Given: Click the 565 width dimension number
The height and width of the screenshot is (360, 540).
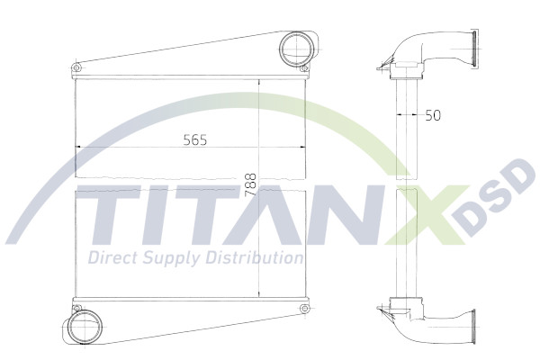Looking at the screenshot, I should coord(195,140).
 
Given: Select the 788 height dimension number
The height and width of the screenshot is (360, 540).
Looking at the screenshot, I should coord(250,184).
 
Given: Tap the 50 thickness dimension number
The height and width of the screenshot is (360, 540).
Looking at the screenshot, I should coord(434,115).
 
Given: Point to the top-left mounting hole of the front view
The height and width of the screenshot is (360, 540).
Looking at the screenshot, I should coord(76,67).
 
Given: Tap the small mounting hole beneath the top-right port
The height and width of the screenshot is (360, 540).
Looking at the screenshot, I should coord(306,68).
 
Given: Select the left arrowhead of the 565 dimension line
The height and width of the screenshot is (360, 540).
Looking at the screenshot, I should coord(78,148).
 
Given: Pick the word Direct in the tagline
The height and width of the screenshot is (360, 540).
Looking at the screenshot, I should coord(111,258).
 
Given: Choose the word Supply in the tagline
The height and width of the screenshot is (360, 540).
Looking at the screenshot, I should coord(167,259).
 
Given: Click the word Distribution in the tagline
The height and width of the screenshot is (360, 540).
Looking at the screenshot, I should coord(251,258).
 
